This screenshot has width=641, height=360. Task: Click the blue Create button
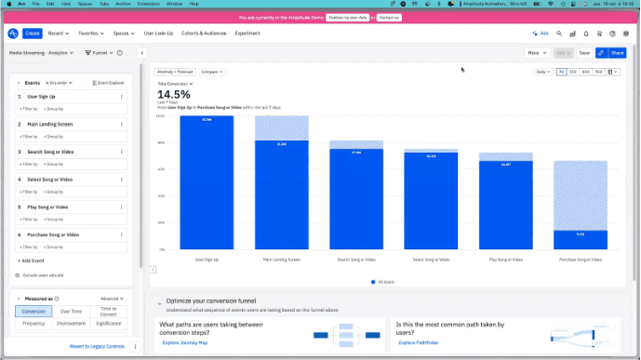pos(33,33)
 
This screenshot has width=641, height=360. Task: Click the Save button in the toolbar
pos(584,53)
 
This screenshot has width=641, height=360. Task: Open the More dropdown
pos(537,53)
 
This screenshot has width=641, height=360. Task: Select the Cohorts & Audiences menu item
pos(203,33)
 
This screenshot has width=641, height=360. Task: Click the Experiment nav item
pos(247,33)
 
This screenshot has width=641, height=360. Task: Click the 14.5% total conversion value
pos(173,94)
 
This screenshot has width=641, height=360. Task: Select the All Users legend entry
pos(386,281)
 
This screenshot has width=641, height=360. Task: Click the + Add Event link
pos(32,261)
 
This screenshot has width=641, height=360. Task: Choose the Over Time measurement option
pos(71,311)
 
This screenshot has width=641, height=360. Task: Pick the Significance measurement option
pos(109,323)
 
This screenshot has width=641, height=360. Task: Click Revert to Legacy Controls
pos(97,346)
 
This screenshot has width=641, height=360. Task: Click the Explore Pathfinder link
pos(420,343)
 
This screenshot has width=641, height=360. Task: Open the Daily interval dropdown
pos(542,72)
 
